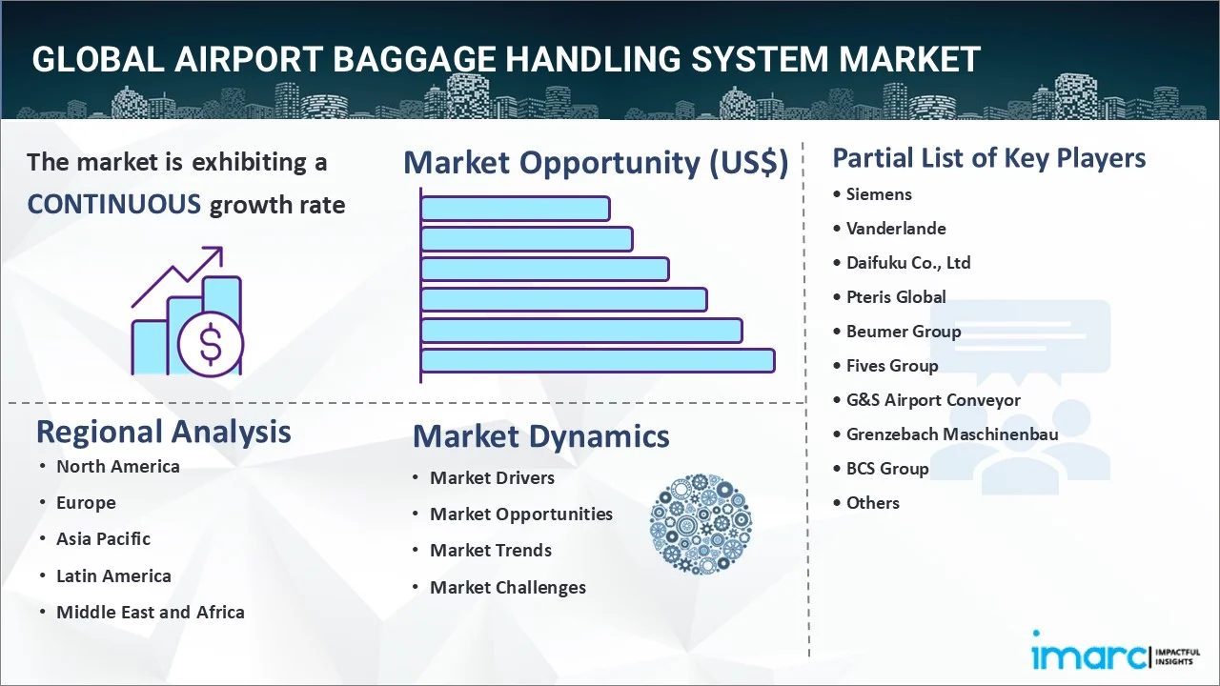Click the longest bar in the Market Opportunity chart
point(598,361)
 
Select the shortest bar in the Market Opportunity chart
point(516,209)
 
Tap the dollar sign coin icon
point(211,344)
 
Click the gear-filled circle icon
point(701,524)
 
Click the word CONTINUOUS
point(114,205)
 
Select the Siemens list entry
point(879,194)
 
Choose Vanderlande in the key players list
point(896,229)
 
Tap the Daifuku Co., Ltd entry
point(908,263)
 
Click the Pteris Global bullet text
point(896,297)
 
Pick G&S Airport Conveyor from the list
point(933,400)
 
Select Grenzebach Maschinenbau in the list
point(952,434)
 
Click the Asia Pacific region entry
point(104,539)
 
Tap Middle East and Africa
point(151,612)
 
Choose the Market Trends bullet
point(491,551)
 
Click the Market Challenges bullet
point(508,588)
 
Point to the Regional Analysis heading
point(163,433)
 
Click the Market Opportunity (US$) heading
point(596,163)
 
